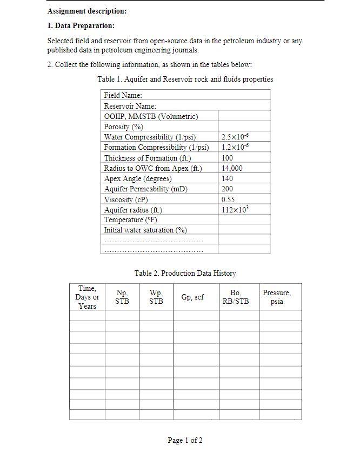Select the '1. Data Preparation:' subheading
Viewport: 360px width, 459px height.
81,26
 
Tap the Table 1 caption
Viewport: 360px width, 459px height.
185,79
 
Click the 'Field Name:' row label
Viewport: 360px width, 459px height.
123,96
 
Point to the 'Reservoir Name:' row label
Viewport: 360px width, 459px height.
130,106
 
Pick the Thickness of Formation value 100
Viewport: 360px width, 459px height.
228,158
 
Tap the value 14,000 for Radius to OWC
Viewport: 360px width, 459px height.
232,168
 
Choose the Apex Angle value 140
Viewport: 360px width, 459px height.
228,178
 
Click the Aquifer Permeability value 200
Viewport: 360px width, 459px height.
228,189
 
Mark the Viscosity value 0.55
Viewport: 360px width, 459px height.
228,199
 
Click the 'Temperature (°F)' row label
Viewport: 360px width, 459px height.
131,220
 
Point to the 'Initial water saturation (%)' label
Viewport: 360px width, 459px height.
145,230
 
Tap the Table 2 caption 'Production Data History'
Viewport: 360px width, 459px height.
185,274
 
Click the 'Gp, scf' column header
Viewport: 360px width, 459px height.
192,297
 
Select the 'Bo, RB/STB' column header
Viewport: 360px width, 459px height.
236,297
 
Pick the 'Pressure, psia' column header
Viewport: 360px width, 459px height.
277,297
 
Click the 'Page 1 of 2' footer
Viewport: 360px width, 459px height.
185,441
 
